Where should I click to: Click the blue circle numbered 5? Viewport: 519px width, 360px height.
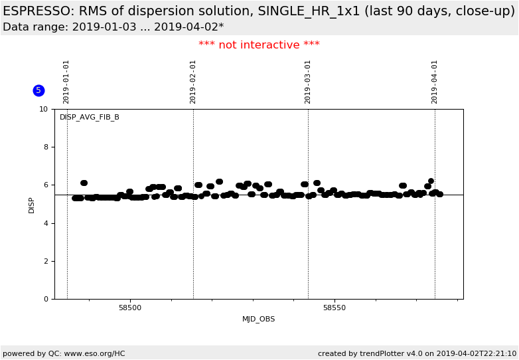pos(38,90)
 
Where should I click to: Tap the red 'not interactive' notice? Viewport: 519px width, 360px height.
pos(259,45)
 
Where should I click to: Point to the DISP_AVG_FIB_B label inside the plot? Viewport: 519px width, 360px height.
pos(90,118)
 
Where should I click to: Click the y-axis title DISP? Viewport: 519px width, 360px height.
pos(31,205)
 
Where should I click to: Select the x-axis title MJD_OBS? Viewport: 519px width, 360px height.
pos(258,319)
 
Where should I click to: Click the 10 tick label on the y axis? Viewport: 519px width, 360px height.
pos(44,109)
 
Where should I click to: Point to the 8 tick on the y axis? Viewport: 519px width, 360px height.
pos(46,147)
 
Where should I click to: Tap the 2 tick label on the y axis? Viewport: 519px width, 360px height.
pos(46,262)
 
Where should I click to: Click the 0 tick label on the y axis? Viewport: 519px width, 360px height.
pos(46,300)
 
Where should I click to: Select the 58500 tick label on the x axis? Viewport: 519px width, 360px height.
pos(130,308)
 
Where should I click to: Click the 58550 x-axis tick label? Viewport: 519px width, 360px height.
pos(334,308)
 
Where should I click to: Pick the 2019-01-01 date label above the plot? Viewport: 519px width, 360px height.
pos(66,82)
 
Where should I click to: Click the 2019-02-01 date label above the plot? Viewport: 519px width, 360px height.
pos(193,82)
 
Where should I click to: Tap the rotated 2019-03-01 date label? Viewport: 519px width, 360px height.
pos(308,82)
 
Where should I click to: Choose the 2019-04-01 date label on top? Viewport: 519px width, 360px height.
pos(435,82)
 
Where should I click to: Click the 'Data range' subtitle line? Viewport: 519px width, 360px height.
pos(113,27)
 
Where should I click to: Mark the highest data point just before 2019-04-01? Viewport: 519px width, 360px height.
pos(431,181)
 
